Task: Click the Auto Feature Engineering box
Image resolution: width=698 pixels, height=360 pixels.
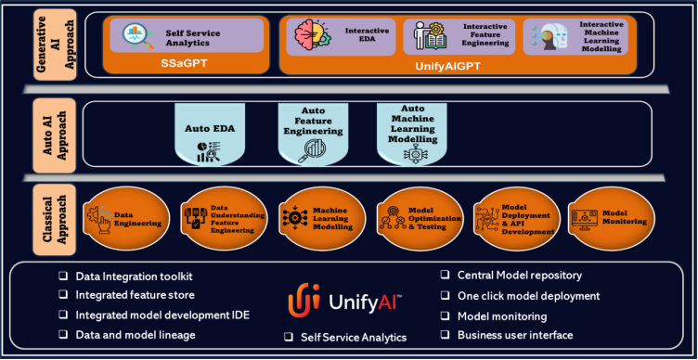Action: [311, 134]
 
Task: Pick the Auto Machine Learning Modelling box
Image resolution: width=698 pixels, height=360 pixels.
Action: [410, 134]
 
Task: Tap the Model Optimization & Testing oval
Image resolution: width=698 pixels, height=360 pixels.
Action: [418, 219]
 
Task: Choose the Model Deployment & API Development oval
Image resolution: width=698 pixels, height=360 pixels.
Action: [514, 219]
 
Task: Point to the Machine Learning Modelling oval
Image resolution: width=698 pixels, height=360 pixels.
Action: [320, 219]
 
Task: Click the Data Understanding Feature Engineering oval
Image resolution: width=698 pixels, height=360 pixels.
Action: [224, 219]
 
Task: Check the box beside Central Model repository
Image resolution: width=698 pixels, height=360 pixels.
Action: [446, 276]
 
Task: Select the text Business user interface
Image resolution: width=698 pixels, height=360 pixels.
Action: [514, 335]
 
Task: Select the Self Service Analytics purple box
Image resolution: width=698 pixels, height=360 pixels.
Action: [185, 36]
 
